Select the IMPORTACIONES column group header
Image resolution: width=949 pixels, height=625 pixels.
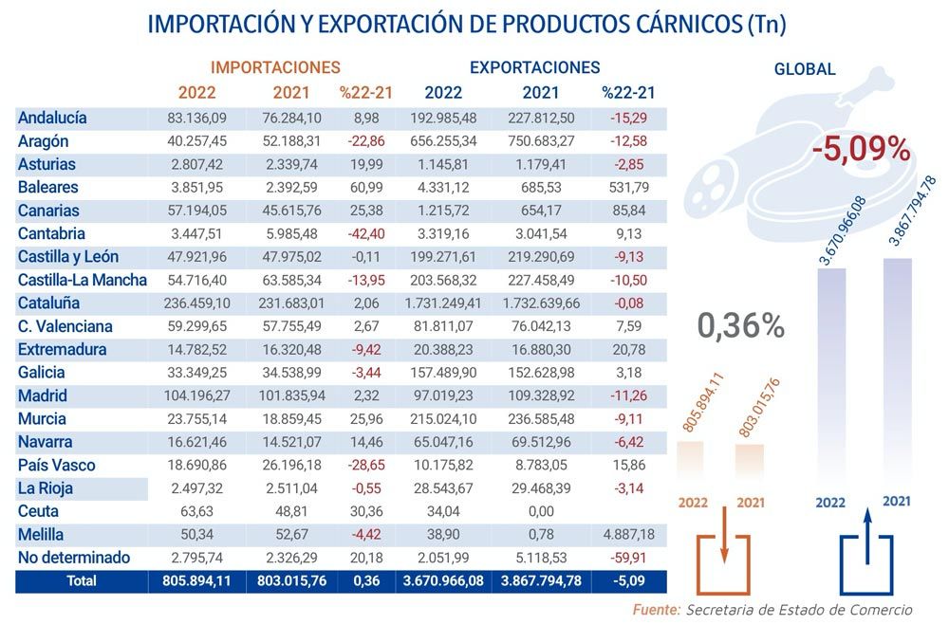point(275,67)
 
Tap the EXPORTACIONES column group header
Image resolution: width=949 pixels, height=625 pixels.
point(535,67)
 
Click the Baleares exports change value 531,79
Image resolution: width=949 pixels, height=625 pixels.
point(629,188)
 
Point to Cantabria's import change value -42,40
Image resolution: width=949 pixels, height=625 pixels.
point(365,234)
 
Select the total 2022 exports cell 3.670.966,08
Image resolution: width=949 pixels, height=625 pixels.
point(442,581)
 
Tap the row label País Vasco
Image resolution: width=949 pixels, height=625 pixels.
point(57,466)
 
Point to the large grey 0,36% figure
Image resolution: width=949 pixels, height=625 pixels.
point(741,325)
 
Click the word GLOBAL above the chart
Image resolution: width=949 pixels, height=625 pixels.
point(805,69)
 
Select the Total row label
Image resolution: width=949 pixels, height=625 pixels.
point(81,581)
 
